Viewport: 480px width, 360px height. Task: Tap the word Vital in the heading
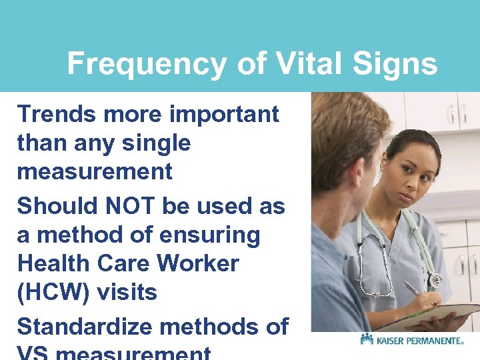pos(293,65)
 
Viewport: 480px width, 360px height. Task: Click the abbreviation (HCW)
pos(51,292)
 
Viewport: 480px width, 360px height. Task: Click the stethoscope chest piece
pos(435,279)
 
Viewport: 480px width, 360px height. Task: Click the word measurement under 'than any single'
pos(95,172)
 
